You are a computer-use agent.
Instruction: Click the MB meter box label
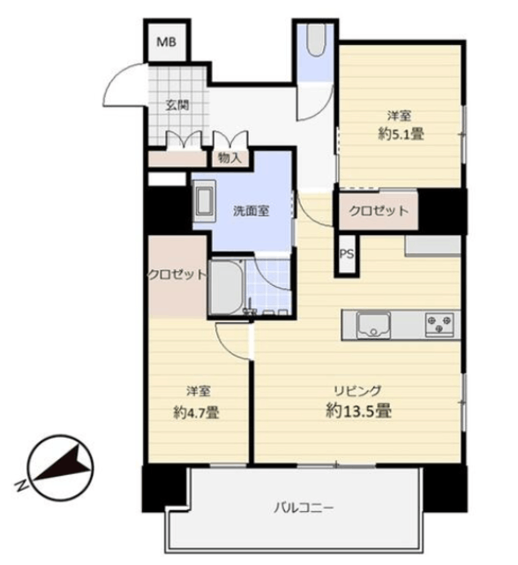tap(167, 42)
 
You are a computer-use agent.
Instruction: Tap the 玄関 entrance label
tap(177, 106)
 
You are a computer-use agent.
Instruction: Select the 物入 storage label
tap(229, 158)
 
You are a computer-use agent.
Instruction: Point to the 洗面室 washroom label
tap(251, 211)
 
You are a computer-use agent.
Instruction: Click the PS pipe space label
tap(347, 254)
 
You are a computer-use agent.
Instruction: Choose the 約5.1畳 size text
tap(401, 134)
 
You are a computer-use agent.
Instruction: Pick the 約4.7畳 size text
tap(196, 412)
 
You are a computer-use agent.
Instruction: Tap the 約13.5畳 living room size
tap(359, 411)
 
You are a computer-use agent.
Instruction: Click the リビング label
tap(357, 391)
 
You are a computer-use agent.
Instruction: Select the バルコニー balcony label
tap(304, 508)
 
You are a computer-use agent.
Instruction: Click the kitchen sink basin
tap(373, 326)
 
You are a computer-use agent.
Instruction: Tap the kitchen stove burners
tap(439, 324)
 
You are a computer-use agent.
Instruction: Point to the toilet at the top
tap(316, 40)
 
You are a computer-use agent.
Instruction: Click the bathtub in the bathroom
tap(227, 287)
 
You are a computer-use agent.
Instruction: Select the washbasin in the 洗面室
tap(204, 201)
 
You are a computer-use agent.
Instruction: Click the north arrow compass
tap(61, 468)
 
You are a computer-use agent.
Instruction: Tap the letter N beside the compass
tap(21, 485)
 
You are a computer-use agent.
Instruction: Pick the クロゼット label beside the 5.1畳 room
tap(379, 210)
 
